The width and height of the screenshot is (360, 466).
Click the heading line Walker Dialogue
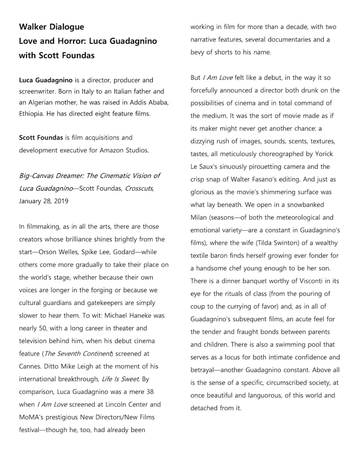[x=51, y=27]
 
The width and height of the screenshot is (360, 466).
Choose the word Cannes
[x=31, y=366]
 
